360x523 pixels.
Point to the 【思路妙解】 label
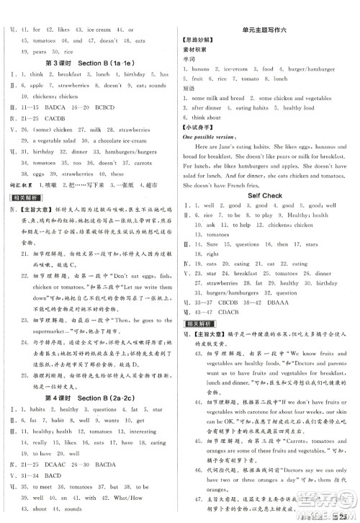(197, 40)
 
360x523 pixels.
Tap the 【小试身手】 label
(197, 127)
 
